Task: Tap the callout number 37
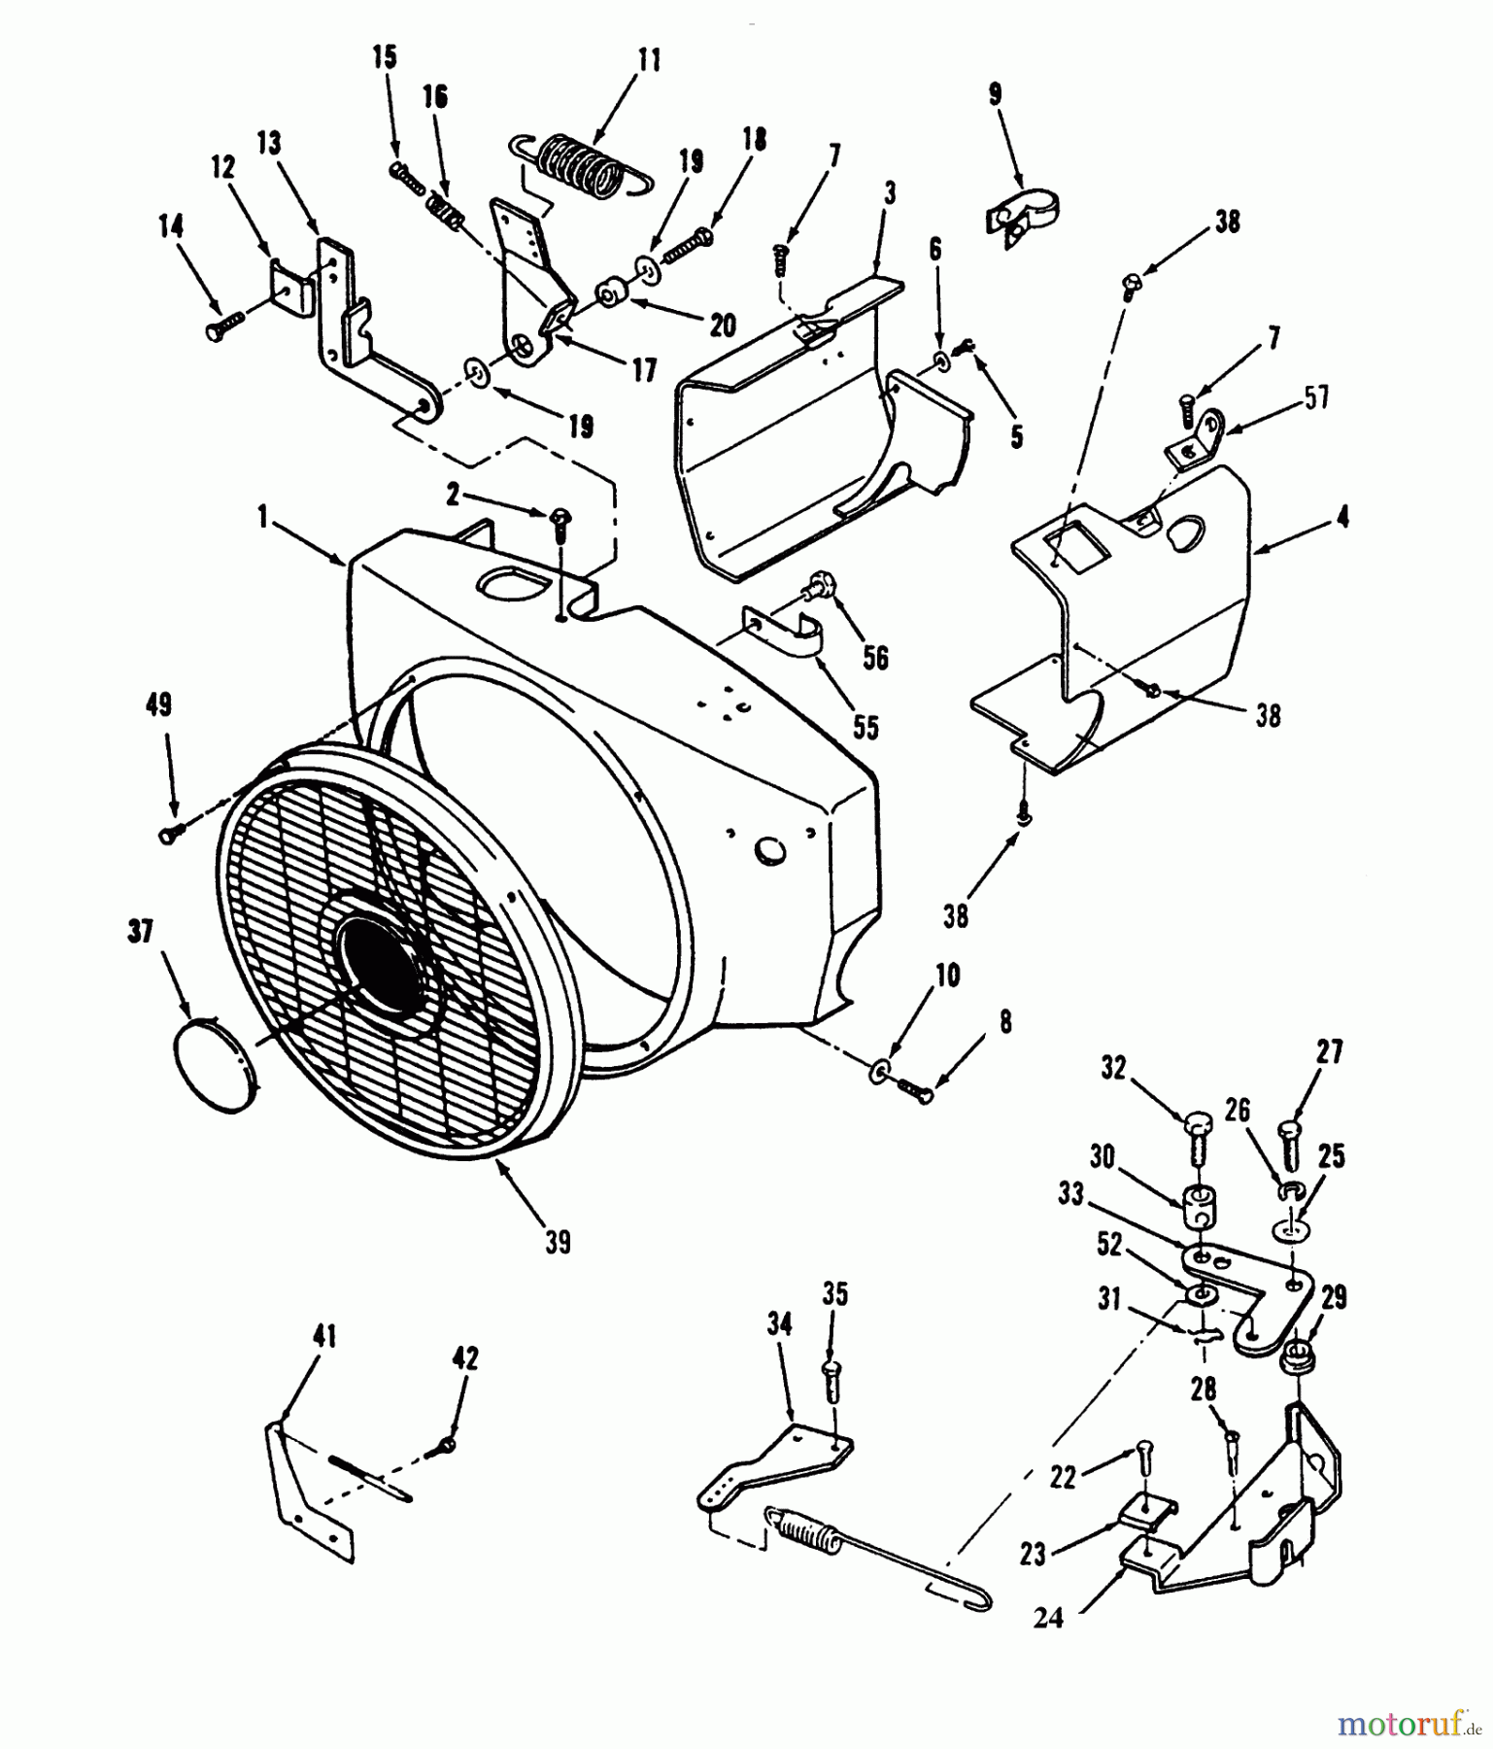pos(141,934)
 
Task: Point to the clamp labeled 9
pos(1022,213)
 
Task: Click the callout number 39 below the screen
pos(558,1243)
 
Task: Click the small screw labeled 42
pos(448,1446)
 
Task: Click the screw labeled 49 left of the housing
pos(171,832)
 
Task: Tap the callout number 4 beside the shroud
pos(1342,518)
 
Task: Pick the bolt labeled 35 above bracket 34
pos(831,1376)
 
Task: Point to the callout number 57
pos(1316,397)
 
